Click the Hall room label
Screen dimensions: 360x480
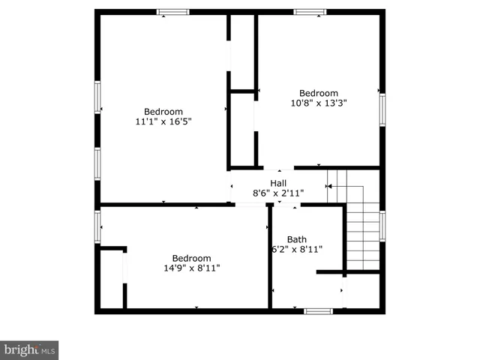click(278, 183)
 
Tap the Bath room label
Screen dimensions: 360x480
click(296, 240)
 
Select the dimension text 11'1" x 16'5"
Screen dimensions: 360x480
click(163, 121)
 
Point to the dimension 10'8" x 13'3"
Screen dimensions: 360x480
click(319, 103)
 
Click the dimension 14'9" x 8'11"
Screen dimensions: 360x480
click(191, 268)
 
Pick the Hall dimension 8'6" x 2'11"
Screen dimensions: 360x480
click(278, 193)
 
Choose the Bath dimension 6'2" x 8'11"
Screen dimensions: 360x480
click(297, 250)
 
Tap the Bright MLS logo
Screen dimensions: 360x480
click(29, 350)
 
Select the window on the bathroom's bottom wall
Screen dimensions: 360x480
click(318, 310)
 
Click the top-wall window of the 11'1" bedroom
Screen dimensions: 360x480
click(172, 12)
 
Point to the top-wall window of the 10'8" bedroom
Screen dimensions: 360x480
click(310, 12)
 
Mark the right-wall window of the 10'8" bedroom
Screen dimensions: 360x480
click(382, 109)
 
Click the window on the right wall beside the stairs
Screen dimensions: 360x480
click(382, 226)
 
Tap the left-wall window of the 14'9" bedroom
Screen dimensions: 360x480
click(97, 226)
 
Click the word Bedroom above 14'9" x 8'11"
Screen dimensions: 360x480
click(191, 258)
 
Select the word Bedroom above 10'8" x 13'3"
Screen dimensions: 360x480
click(319, 94)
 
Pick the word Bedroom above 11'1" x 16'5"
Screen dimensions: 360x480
click(163, 112)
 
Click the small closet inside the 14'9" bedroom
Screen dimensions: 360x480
click(112, 279)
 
